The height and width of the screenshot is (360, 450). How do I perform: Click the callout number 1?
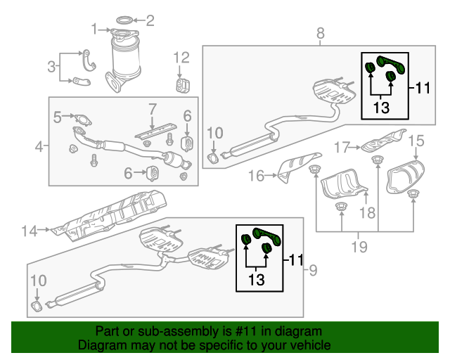pos(95,28)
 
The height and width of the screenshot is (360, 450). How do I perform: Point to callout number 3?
pos(51,67)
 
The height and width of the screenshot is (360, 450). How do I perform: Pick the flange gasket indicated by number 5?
pos(79,119)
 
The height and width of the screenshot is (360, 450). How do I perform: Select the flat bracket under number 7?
pos(156,132)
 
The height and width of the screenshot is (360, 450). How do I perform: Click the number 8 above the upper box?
pos(320,32)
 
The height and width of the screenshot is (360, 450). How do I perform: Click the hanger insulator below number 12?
pos(181,85)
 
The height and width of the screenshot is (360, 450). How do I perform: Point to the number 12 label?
pos(181,57)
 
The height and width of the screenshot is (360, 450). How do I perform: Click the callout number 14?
pos(28,230)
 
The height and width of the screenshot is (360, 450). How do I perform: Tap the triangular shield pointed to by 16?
pos(290,171)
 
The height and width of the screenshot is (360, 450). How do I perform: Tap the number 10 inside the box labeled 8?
pos(214,131)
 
